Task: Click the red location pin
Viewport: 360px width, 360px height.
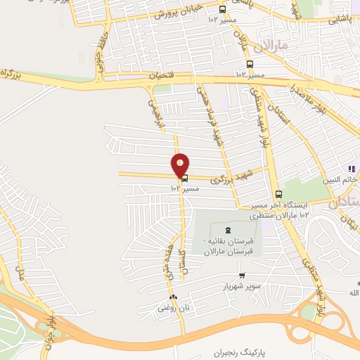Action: pyautogui.click(x=181, y=165)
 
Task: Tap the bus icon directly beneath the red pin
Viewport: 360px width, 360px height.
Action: pyautogui.click(x=184, y=179)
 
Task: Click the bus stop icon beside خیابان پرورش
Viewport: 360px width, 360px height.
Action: pyautogui.click(x=222, y=10)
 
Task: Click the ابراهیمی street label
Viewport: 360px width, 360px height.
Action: pyautogui.click(x=154, y=114)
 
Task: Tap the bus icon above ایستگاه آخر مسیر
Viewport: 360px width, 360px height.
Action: pyautogui.click(x=278, y=194)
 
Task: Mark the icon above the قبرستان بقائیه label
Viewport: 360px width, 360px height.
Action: pyautogui.click(x=226, y=230)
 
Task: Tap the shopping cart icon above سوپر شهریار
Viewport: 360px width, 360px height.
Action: pyautogui.click(x=242, y=276)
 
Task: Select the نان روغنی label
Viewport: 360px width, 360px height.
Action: pyautogui.click(x=173, y=308)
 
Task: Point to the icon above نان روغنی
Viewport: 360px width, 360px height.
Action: pyautogui.click(x=173, y=297)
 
